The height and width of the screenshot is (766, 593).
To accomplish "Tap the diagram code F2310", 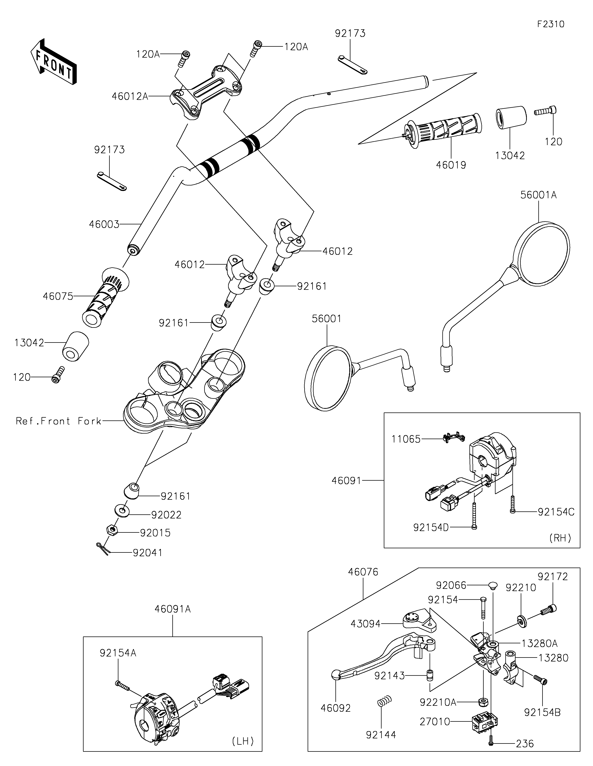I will (x=551, y=24).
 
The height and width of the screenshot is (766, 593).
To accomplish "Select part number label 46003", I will (x=104, y=224).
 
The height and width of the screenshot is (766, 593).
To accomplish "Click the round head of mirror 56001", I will (x=327, y=378).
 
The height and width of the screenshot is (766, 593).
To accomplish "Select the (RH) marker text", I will (x=560, y=538).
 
